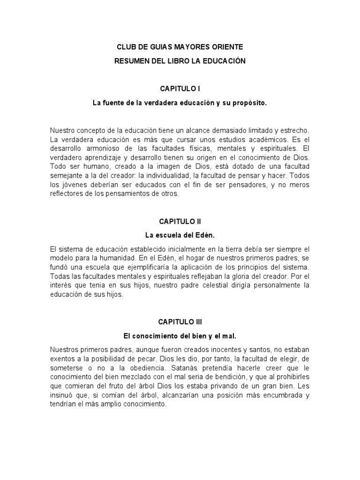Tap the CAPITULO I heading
(x=180, y=88)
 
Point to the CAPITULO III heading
(x=180, y=322)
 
